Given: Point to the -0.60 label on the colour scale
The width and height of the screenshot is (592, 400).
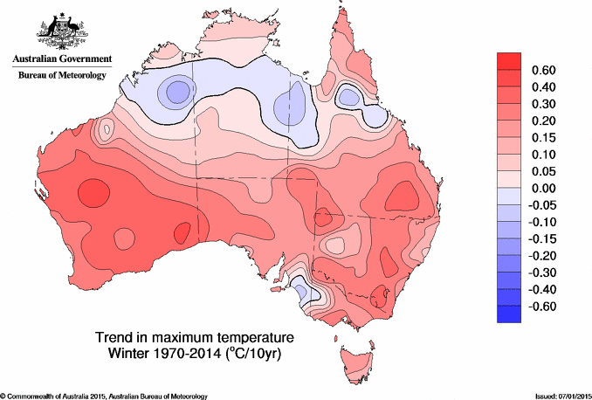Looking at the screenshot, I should coord(543,307).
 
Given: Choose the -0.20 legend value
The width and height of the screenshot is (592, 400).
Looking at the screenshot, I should coord(543,256).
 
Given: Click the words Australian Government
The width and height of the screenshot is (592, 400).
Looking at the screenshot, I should coord(61,59).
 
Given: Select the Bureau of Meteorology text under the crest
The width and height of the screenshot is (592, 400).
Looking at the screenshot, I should coord(61,76).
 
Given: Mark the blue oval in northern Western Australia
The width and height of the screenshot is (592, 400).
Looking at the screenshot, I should coord(178,90).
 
